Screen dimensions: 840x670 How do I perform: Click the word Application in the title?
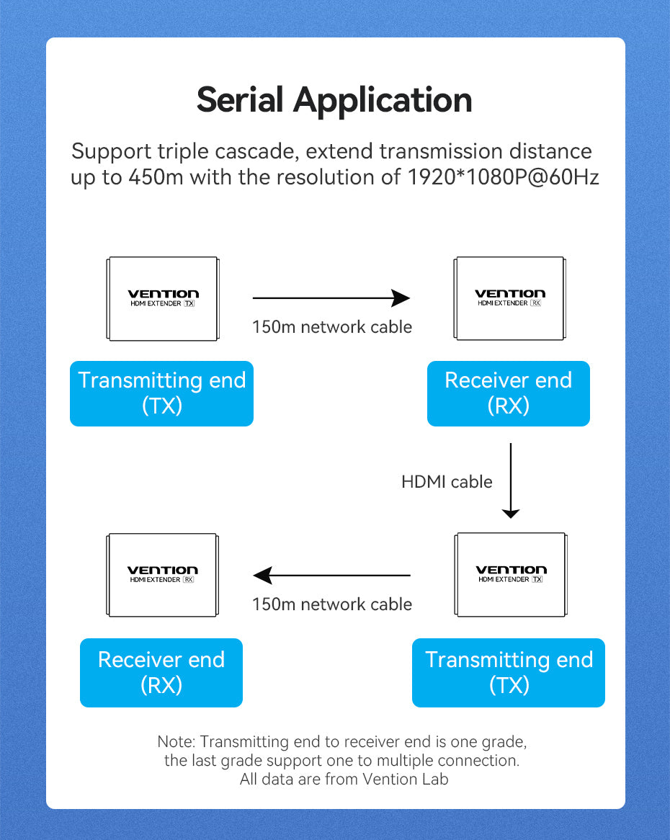(x=383, y=99)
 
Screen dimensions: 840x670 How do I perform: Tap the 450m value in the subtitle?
(x=156, y=177)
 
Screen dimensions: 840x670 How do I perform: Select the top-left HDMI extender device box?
(x=163, y=298)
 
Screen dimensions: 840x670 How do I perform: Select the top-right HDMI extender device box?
(x=510, y=298)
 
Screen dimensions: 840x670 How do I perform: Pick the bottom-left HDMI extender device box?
(x=162, y=575)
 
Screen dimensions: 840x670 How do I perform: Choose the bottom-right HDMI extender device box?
(x=511, y=575)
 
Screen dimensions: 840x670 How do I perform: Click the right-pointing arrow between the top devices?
(x=331, y=298)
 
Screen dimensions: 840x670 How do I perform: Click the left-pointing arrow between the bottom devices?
(x=331, y=575)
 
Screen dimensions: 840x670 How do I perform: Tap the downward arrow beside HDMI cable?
(x=510, y=481)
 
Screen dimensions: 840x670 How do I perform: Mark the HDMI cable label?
(x=447, y=481)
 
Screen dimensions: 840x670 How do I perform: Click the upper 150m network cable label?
(x=332, y=327)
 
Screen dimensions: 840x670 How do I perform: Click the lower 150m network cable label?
(x=332, y=604)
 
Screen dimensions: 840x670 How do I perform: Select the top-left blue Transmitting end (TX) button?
(x=161, y=393)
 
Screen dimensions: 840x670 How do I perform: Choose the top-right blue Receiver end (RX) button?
(x=508, y=393)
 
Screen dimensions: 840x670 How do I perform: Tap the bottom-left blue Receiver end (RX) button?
(x=161, y=672)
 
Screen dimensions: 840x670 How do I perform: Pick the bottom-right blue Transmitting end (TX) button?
(x=509, y=672)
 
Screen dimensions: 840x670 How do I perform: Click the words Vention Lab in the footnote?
(x=406, y=779)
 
